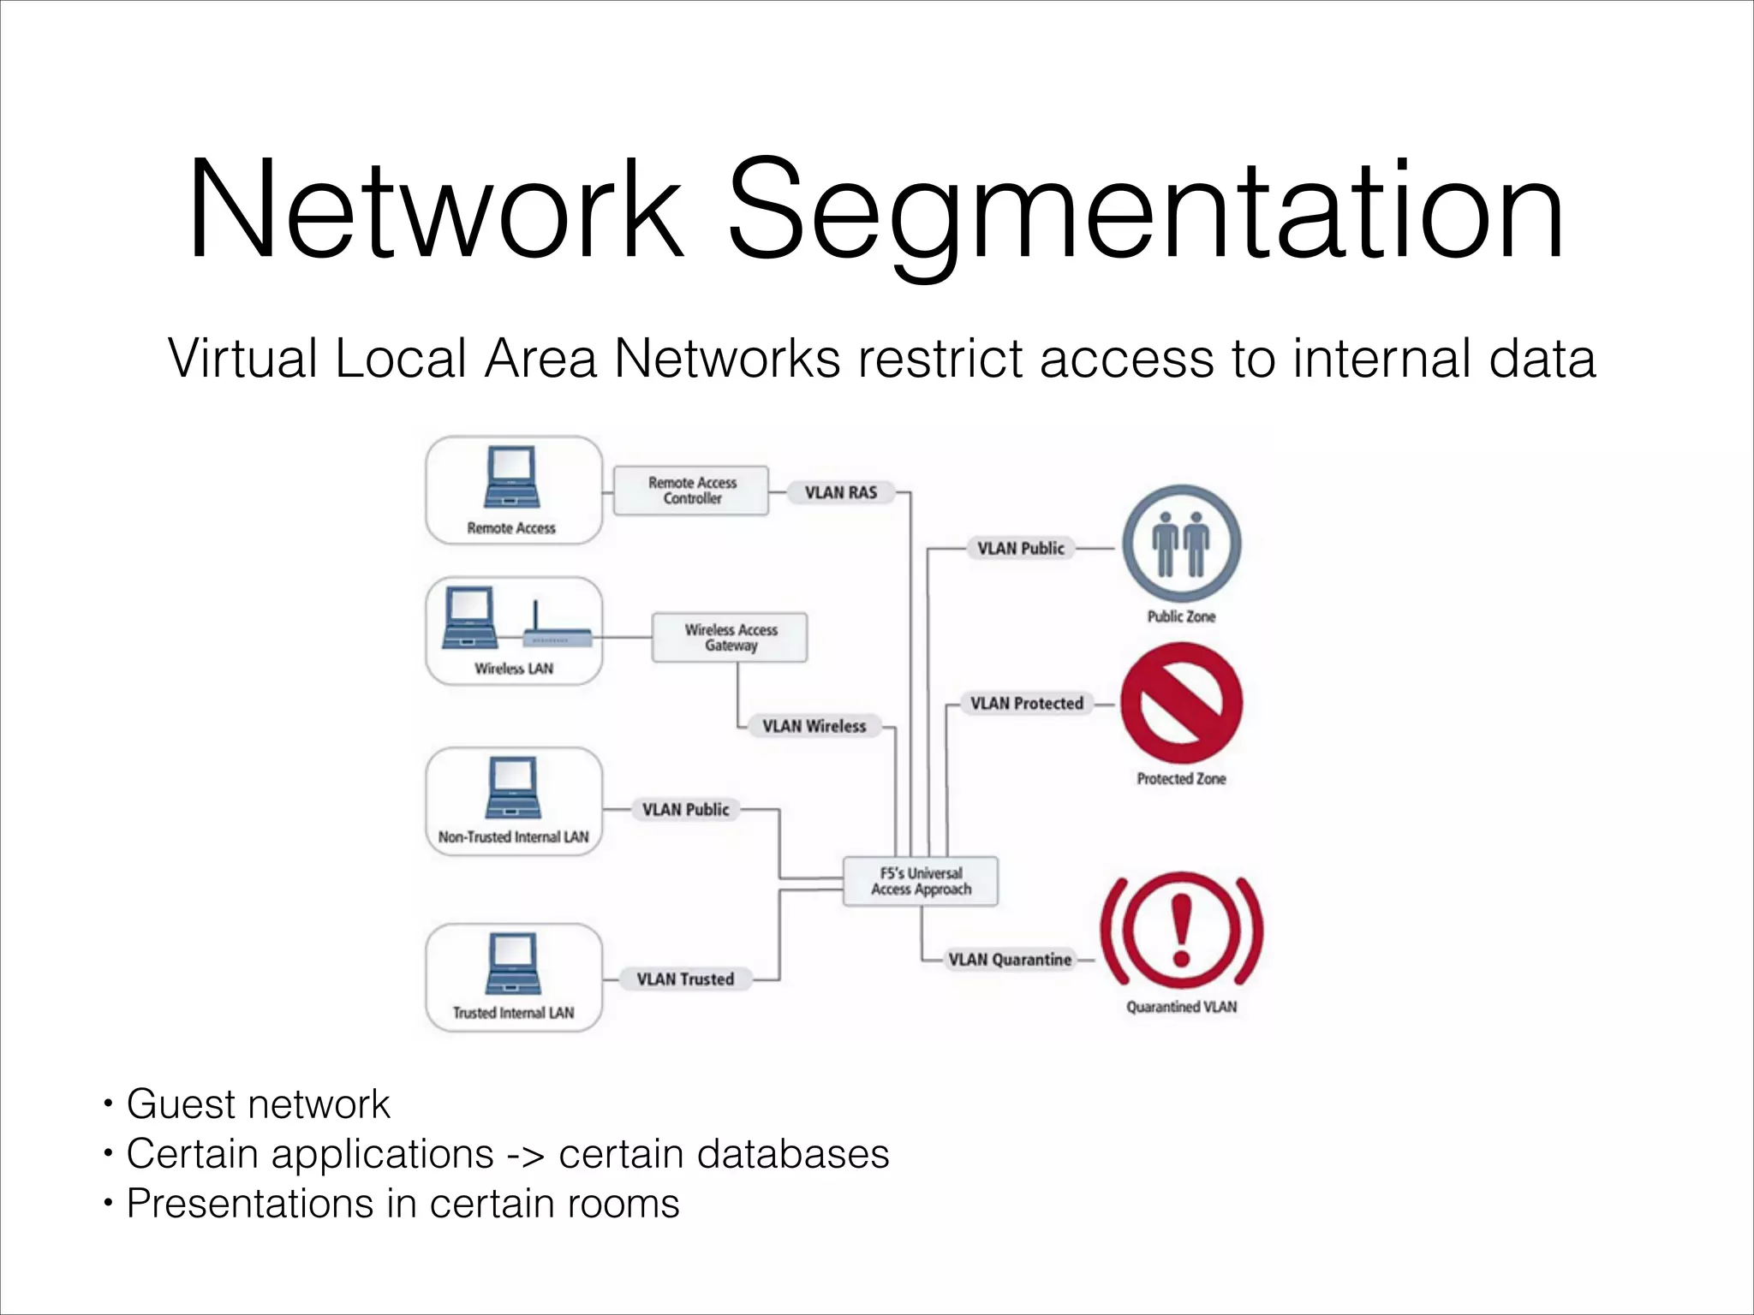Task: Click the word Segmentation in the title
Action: tap(1145, 210)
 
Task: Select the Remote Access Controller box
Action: tap(691, 491)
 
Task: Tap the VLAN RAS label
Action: tap(840, 492)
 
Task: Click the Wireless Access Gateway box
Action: tap(730, 638)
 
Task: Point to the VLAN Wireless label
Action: tap(814, 726)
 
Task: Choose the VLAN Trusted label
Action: tap(685, 979)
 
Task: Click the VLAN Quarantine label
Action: tap(1010, 960)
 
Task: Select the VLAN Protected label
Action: tap(1026, 704)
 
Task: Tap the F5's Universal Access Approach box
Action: tap(921, 881)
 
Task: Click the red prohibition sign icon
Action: tap(1181, 704)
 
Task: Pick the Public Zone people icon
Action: tap(1181, 544)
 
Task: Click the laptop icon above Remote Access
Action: tap(511, 477)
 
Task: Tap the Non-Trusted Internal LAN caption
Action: tap(513, 837)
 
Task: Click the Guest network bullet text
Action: tap(258, 1104)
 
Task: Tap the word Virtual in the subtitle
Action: tap(242, 358)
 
